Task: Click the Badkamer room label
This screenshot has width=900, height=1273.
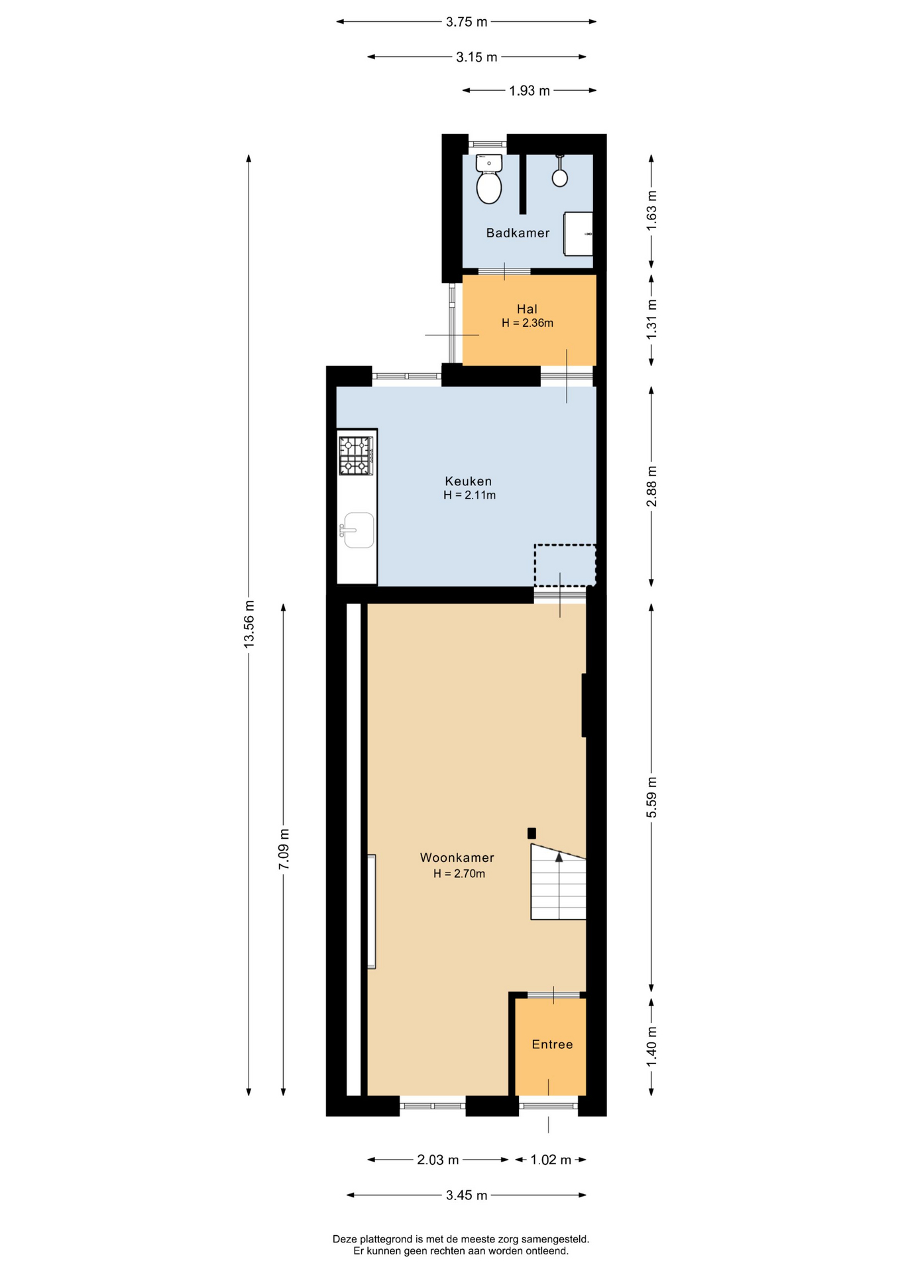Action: pos(518,233)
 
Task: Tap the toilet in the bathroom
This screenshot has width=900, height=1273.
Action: pos(489,179)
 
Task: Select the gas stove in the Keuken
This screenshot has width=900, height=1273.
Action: pos(357,455)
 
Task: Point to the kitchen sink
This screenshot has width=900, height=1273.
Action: pos(358,530)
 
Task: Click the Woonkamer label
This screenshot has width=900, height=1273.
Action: pos(457,857)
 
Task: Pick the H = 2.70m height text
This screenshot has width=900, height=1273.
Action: pos(459,874)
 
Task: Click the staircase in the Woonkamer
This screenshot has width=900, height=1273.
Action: pos(558,882)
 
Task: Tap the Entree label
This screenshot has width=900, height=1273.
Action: pos(552,1044)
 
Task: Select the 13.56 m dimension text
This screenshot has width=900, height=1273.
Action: pos(249,624)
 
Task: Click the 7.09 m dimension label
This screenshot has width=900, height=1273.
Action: pos(284,849)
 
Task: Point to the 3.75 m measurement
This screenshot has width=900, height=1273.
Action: pos(467,22)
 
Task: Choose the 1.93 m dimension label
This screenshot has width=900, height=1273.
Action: pos(530,91)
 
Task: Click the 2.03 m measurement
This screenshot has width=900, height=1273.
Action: pos(438,1160)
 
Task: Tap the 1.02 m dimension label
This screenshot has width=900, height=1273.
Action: pos(551,1160)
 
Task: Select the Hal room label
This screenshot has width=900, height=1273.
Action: pos(527,309)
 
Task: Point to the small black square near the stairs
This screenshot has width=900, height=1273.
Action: pos(532,833)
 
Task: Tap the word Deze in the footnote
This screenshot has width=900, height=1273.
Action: pos(344,1239)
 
